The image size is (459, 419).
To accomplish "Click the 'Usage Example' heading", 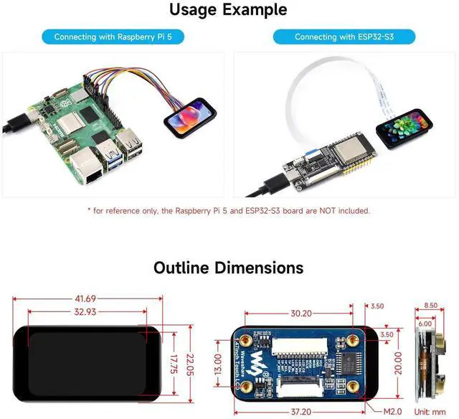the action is (x=229, y=10).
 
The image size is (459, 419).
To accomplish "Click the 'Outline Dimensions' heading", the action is (x=229, y=268).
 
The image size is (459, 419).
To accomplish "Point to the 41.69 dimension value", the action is (x=85, y=298).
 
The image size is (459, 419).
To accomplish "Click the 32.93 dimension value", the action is (x=85, y=311).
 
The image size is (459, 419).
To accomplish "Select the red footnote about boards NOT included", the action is (x=229, y=211).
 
